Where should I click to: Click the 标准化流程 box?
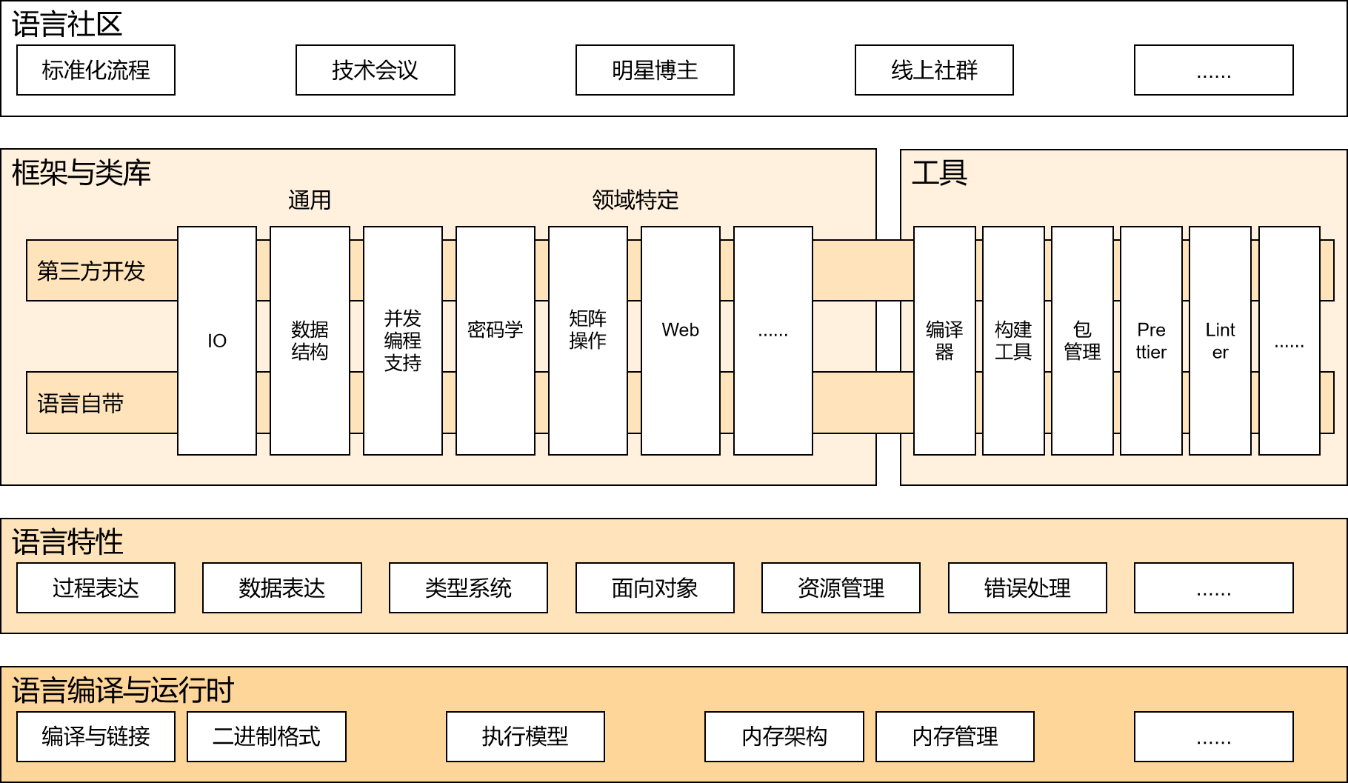click(x=96, y=70)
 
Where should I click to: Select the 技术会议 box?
click(x=375, y=70)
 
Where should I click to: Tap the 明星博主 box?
click(x=655, y=70)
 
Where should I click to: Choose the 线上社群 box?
click(x=934, y=70)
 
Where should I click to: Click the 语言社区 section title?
click(x=67, y=24)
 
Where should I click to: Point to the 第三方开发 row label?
click(x=92, y=271)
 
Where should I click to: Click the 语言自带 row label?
click(x=81, y=404)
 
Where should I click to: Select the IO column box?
click(x=217, y=341)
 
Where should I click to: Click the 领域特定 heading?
click(x=635, y=200)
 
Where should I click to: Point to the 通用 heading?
click(x=310, y=200)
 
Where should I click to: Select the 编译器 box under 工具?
click(x=944, y=341)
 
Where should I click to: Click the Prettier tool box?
click(x=1151, y=341)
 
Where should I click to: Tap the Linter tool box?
click(x=1220, y=341)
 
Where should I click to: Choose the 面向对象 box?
click(x=655, y=588)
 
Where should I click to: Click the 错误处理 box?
click(x=1027, y=588)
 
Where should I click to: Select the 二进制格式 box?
click(x=267, y=736)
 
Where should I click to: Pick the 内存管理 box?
click(x=955, y=736)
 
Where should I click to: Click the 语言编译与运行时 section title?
click(x=123, y=690)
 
